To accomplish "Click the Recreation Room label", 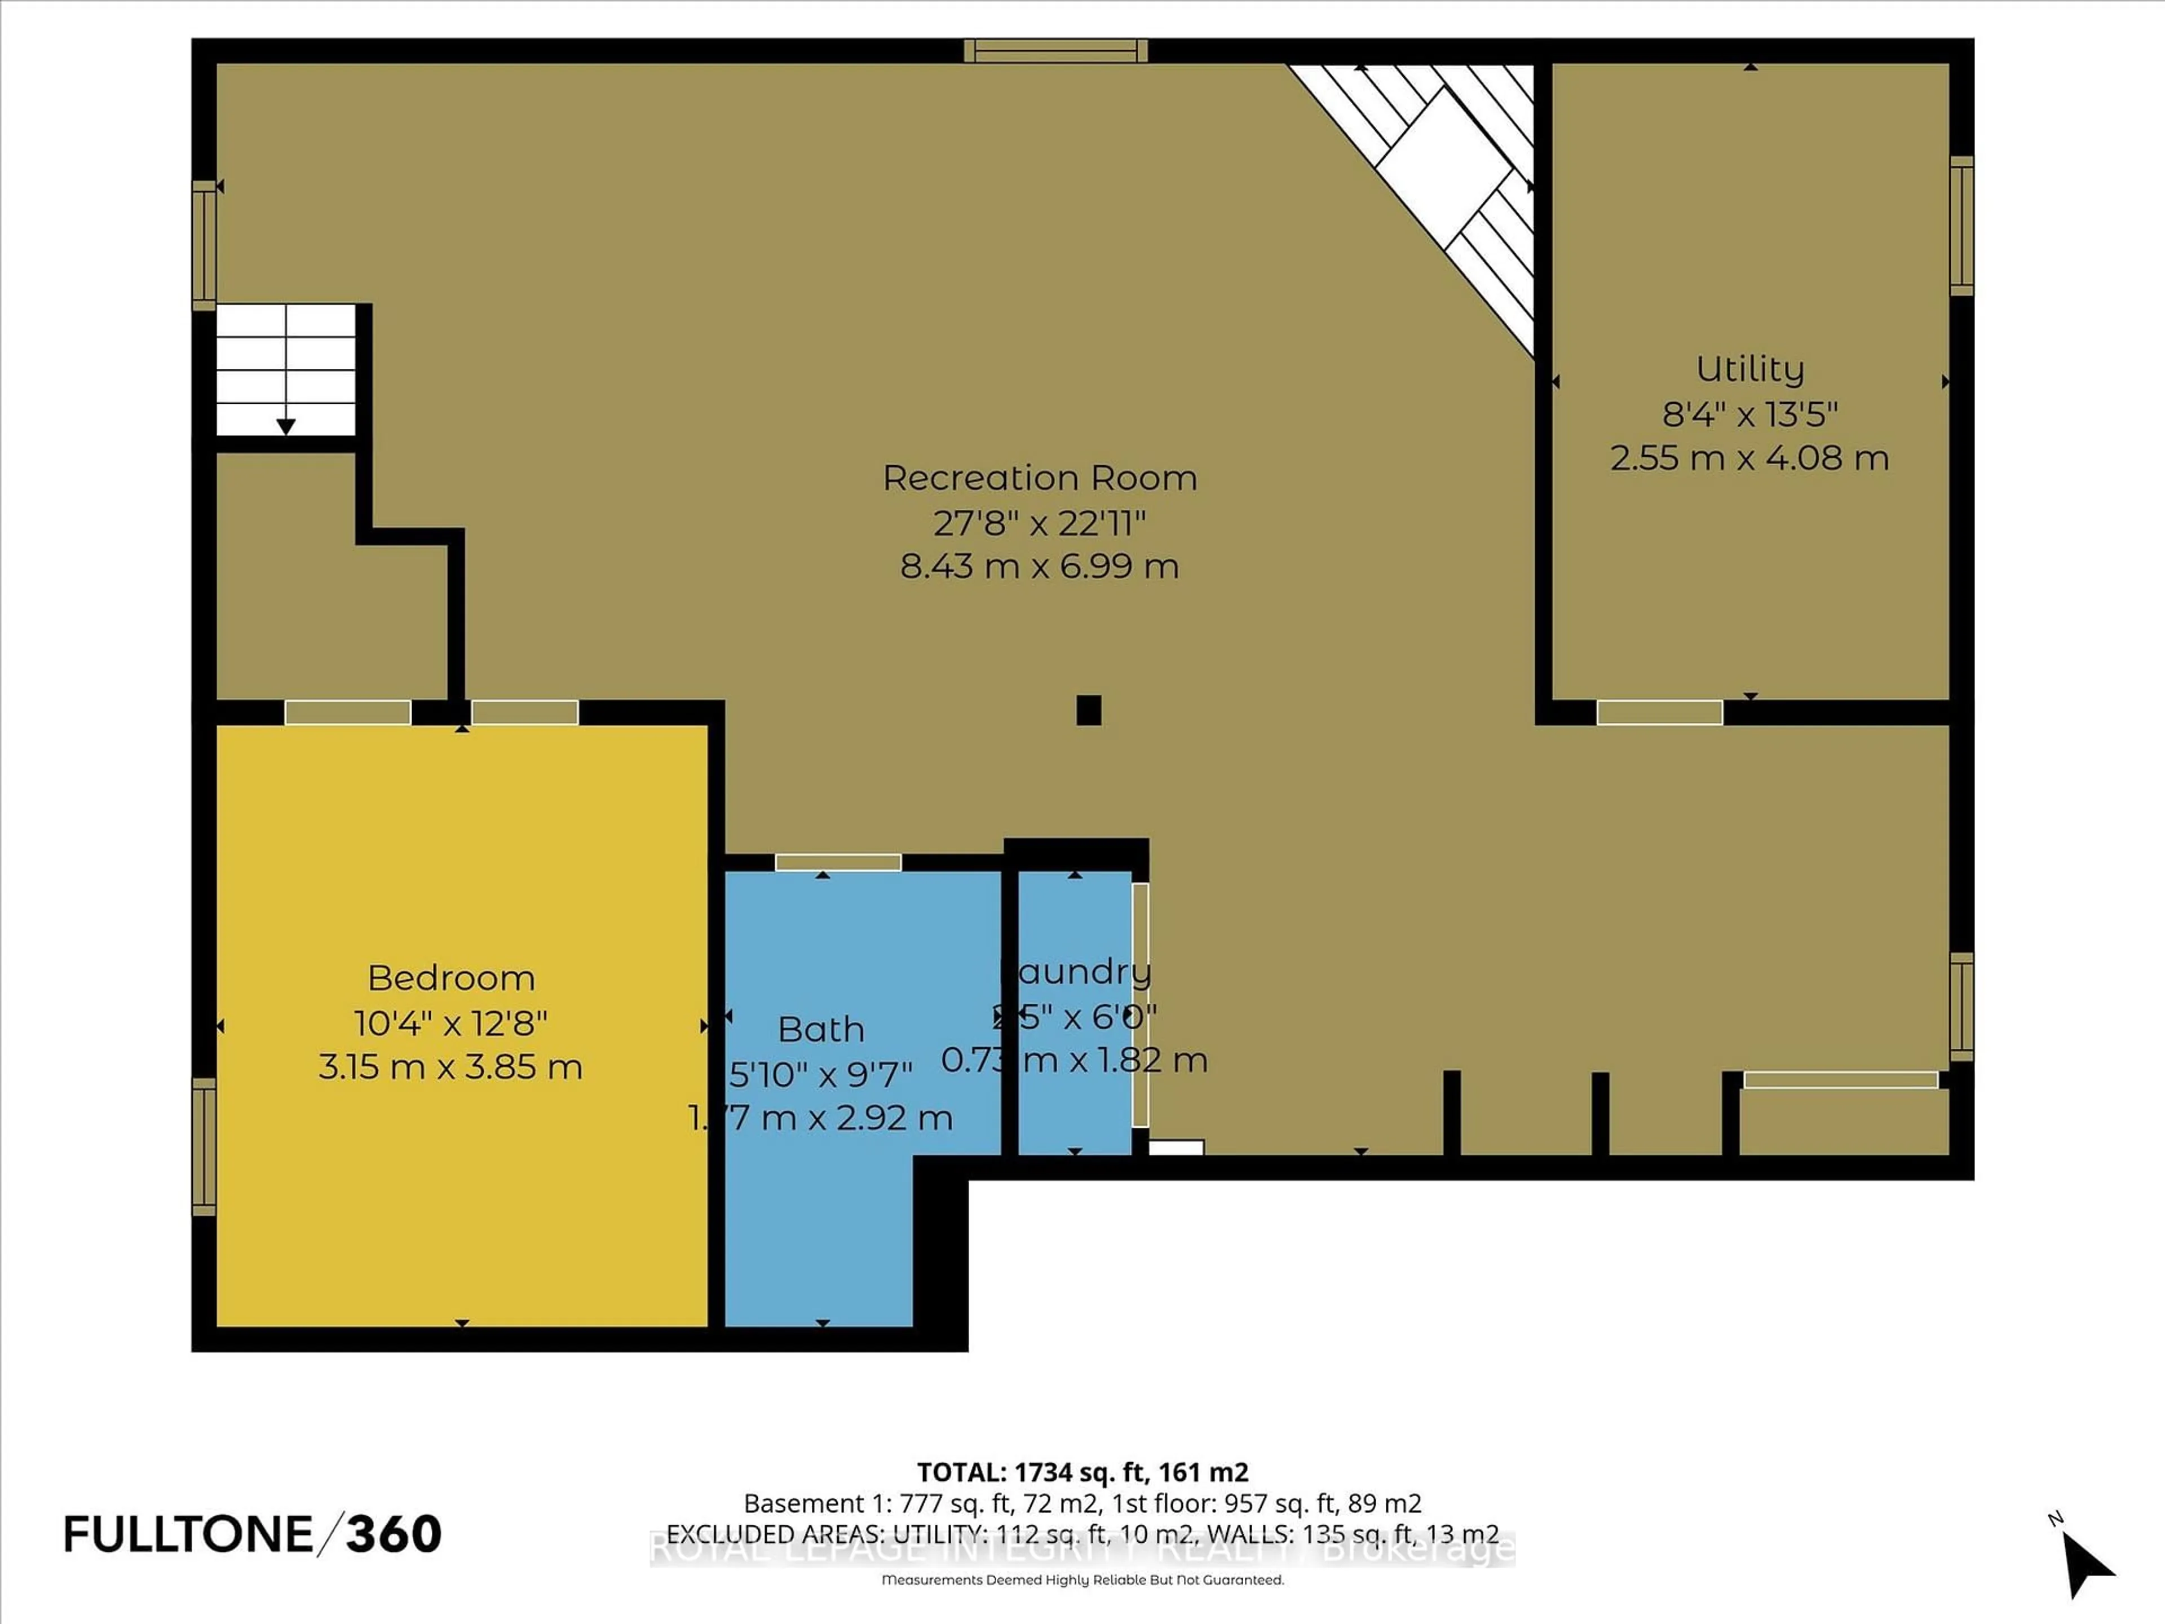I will pos(1040,478).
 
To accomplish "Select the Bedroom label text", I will pos(450,978).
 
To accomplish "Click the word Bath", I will pos(820,1029).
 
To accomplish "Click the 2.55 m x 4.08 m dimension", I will pos(1749,458).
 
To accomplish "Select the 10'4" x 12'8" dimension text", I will pos(450,1023).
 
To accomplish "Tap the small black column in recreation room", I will pos(1088,710).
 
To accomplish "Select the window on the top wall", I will pos(1055,51).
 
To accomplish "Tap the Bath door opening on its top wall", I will pos(838,862).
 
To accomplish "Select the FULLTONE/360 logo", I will pos(253,1534).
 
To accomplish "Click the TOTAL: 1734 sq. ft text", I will pos(1081,1471).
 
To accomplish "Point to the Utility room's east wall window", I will pos(1960,225).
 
